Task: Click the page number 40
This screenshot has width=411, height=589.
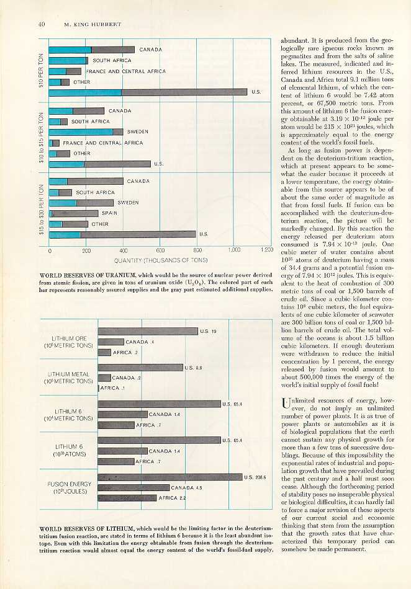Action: coord(41,25)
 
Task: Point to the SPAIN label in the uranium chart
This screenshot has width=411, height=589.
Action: coord(109,213)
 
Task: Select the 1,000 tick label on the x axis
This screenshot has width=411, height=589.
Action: coord(233,250)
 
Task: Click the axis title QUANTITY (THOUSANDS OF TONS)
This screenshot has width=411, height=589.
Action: coord(161,261)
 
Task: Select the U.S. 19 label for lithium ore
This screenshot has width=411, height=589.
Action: coord(208,331)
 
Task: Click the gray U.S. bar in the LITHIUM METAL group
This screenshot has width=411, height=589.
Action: coord(140,367)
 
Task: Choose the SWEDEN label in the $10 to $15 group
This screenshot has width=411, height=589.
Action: coord(137,132)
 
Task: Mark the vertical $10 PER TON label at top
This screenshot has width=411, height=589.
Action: coord(41,66)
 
